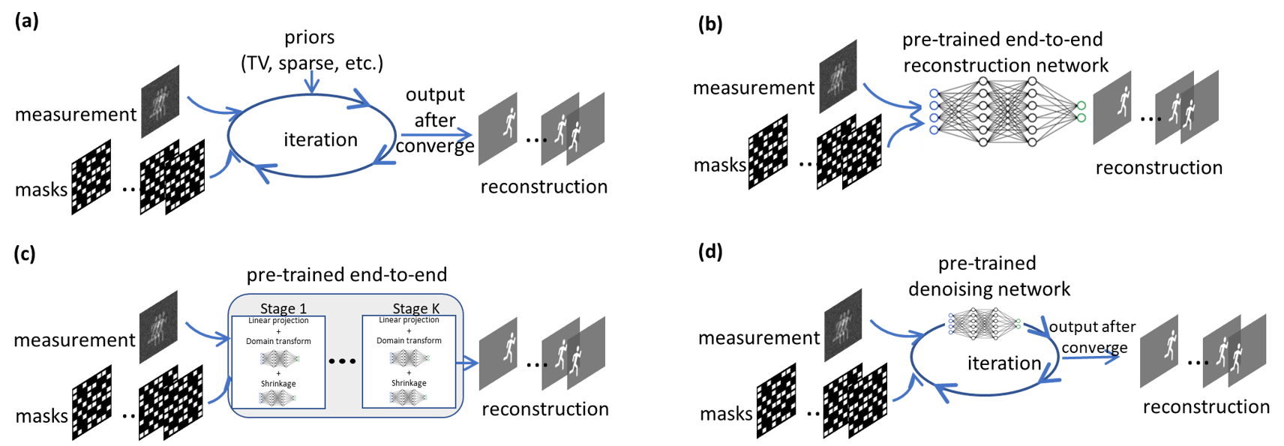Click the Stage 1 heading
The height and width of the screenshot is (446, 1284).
click(283, 308)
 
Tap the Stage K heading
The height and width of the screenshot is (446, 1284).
click(415, 308)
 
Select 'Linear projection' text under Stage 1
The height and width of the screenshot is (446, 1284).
click(278, 321)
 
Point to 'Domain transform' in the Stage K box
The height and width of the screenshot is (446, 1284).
click(409, 340)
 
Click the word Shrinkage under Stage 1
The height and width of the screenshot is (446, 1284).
click(278, 384)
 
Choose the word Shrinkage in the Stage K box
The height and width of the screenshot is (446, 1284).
click(409, 383)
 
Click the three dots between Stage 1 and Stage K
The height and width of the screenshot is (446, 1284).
click(343, 361)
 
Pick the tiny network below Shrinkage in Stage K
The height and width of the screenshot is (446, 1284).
click(409, 397)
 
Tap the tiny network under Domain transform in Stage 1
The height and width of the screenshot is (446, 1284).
click(279, 358)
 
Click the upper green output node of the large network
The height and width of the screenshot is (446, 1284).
click(1081, 106)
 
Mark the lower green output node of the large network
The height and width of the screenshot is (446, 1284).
click(1081, 118)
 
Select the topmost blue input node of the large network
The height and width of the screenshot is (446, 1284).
click(934, 94)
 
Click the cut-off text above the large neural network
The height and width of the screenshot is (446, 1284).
click(1006, 70)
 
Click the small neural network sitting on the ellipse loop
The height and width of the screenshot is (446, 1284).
click(983, 324)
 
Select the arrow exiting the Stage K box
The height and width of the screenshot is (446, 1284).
click(469, 364)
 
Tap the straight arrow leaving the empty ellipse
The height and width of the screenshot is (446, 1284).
click(435, 135)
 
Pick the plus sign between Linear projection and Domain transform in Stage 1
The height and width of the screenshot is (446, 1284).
click(278, 331)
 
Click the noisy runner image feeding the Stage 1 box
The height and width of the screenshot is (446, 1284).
click(158, 327)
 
